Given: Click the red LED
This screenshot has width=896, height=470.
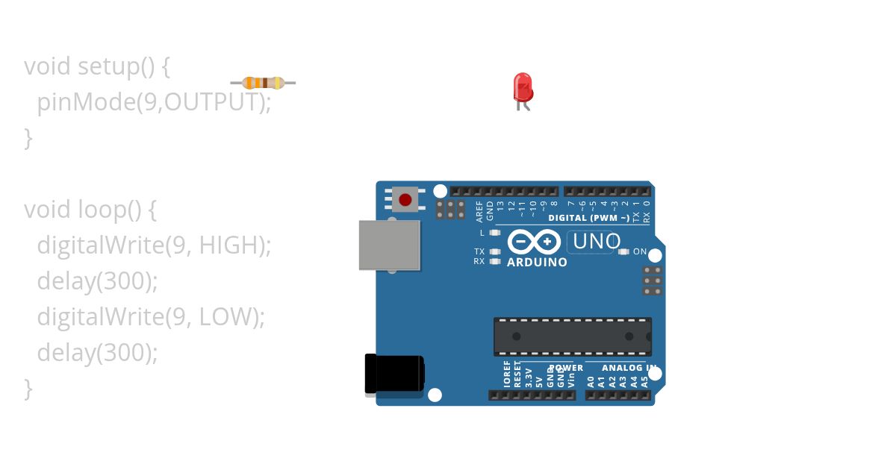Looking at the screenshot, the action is coord(523,88).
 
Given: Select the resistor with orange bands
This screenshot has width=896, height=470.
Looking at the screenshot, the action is coord(263,82).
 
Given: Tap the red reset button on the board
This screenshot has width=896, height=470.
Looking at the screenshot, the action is coord(405,200).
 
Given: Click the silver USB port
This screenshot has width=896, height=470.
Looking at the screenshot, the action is coord(389,245).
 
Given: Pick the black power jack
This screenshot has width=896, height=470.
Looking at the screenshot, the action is coord(393,373).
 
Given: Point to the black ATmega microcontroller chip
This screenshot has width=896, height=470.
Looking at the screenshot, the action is coord(572,336).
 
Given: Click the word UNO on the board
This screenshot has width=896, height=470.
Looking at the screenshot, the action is coord(596,242).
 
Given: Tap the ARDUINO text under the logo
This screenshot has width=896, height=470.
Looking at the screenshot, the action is coord(537,263).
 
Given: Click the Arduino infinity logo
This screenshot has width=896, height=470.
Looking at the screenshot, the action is coord(534,242).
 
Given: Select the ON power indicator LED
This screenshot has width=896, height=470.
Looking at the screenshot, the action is coord(624,252).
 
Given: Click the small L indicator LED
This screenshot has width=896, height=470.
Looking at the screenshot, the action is coord(494,233).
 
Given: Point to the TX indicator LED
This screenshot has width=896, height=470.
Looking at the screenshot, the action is coord(494,251).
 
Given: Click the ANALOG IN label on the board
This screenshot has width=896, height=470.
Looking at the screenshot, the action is coord(629,368).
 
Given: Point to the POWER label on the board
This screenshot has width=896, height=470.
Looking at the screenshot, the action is coord(567,368).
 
